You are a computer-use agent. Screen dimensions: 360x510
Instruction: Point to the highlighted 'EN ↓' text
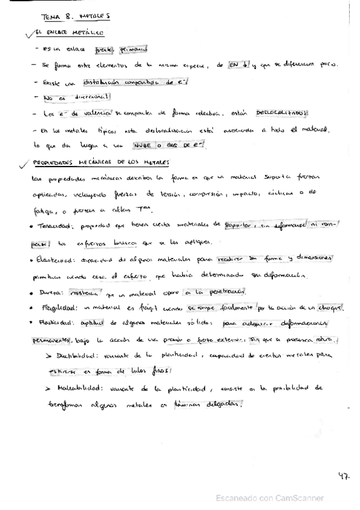pos(238,64)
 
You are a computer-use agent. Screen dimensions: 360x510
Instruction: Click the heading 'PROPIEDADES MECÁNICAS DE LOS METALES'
pos(102,162)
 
